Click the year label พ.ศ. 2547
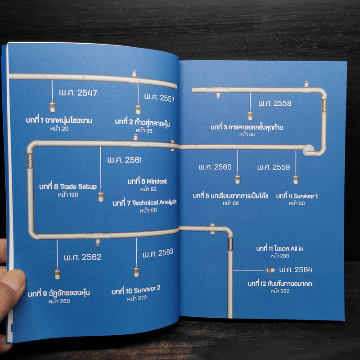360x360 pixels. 78,94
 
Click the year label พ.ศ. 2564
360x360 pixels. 295,270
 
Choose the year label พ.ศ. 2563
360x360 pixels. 158,253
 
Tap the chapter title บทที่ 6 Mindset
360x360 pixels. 147,181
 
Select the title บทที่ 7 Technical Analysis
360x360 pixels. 144,203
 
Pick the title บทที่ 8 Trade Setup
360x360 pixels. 68,187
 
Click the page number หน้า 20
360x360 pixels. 59,129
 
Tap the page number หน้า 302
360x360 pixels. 280,291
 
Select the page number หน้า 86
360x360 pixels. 230,204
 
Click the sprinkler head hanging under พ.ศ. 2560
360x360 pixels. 238,180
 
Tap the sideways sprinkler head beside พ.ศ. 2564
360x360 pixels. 270,270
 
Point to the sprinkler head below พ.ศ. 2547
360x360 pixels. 52,108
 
